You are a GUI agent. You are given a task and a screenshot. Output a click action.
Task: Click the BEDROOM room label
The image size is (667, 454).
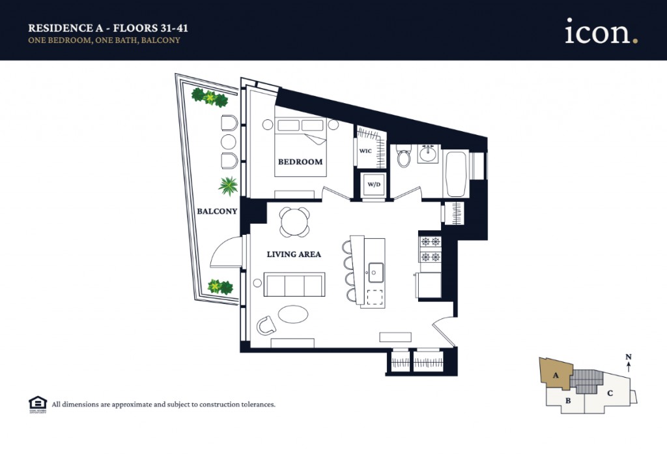point(300,162)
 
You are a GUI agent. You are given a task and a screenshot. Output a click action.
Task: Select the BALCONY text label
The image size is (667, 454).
point(217,211)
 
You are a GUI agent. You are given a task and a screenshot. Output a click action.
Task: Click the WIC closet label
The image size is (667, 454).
point(365,151)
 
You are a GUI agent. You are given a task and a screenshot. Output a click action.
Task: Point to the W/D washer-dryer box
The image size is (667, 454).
point(374,184)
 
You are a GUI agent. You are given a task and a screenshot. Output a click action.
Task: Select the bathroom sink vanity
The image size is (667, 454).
point(428,155)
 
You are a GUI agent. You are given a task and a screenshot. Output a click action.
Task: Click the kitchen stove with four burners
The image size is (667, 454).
point(430,249)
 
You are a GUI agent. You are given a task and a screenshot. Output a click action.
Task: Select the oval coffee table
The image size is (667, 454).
point(292,314)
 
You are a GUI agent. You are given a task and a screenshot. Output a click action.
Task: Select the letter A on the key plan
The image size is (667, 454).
point(556,375)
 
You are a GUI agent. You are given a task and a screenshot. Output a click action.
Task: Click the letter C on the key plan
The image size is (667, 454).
point(610,393)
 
